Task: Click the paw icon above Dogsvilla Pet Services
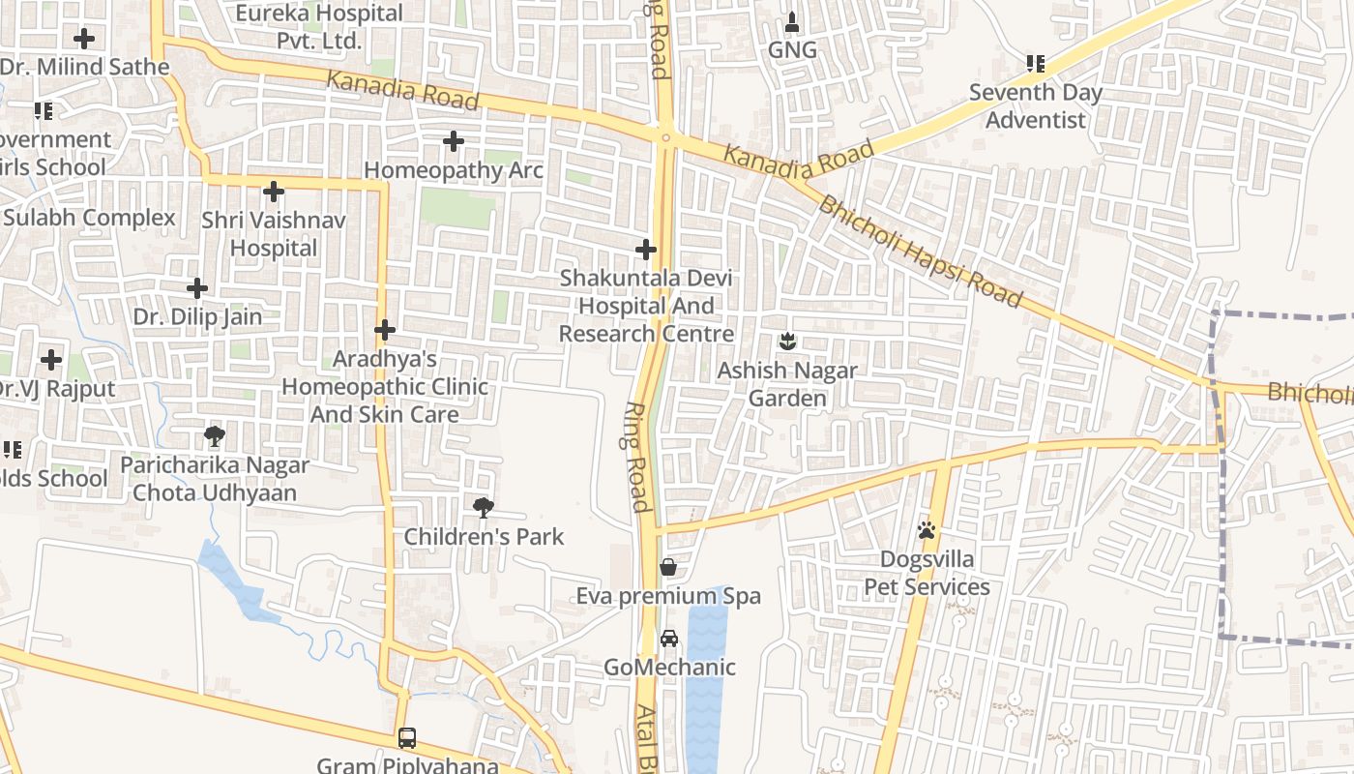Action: (x=927, y=530)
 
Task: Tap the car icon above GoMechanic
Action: (x=668, y=639)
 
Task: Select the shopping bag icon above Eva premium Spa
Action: (x=667, y=567)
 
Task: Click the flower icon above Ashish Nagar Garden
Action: (x=787, y=341)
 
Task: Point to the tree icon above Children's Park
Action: (x=483, y=507)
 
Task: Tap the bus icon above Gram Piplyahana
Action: (x=407, y=737)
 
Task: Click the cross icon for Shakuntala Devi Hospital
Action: (x=645, y=250)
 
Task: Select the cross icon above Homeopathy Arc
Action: (x=453, y=141)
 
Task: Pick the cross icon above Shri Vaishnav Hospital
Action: (x=274, y=192)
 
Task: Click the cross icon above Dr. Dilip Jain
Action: (x=197, y=287)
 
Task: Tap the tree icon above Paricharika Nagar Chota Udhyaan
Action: (x=215, y=436)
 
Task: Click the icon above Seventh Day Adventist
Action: (x=1035, y=64)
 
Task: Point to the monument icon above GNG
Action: (x=792, y=21)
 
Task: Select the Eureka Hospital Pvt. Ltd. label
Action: (x=319, y=27)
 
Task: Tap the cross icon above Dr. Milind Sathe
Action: (x=84, y=39)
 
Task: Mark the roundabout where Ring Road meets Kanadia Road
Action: (x=665, y=136)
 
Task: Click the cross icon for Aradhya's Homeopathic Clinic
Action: (x=385, y=330)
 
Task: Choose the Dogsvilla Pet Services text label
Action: (x=927, y=573)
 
